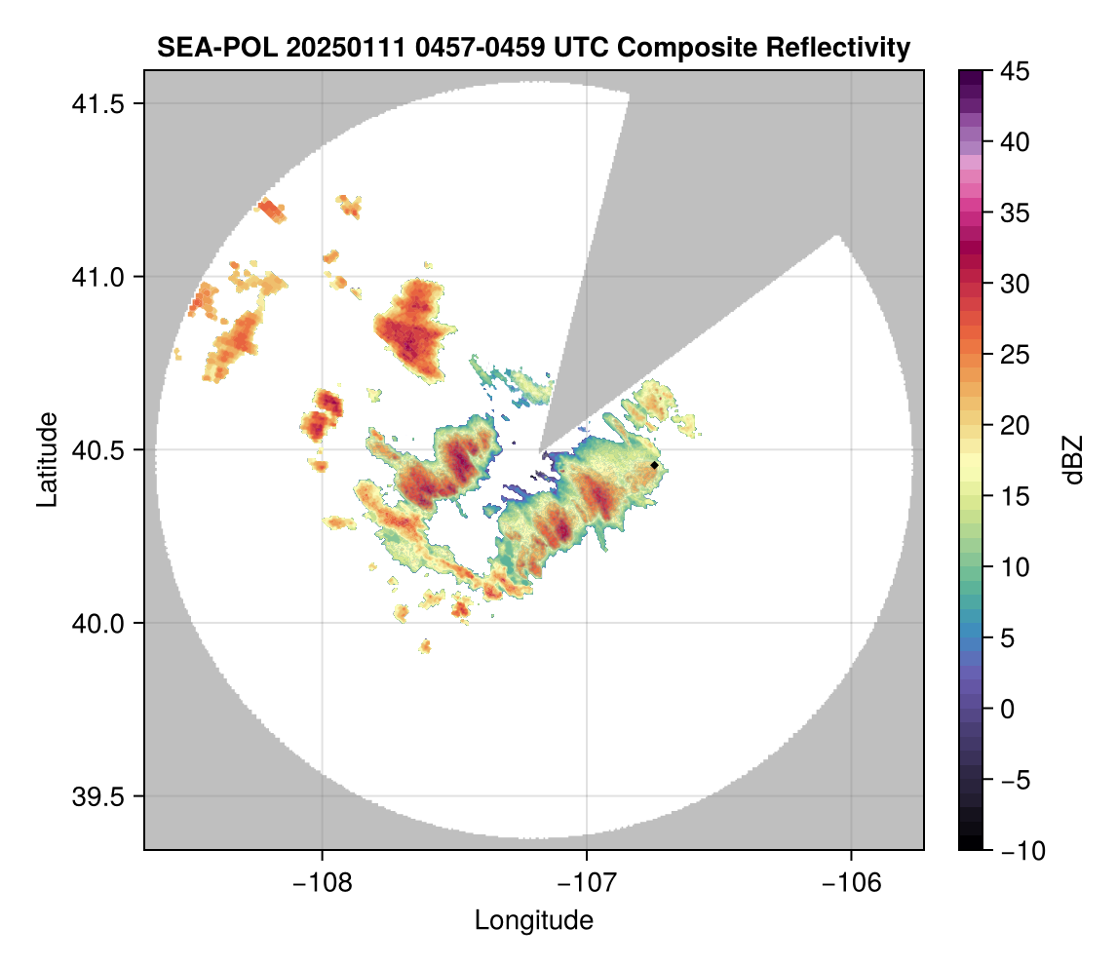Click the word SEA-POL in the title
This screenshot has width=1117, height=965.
203,48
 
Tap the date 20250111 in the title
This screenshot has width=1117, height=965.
309,48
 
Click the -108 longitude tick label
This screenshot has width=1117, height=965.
322,882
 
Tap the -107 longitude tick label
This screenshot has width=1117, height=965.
587,882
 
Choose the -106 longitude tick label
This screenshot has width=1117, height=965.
852,882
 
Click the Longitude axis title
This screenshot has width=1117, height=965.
534,919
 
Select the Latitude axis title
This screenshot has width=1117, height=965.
46,459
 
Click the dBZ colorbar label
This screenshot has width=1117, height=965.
1073,459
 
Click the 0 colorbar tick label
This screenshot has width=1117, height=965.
1005,709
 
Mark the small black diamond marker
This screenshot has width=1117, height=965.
654,465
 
